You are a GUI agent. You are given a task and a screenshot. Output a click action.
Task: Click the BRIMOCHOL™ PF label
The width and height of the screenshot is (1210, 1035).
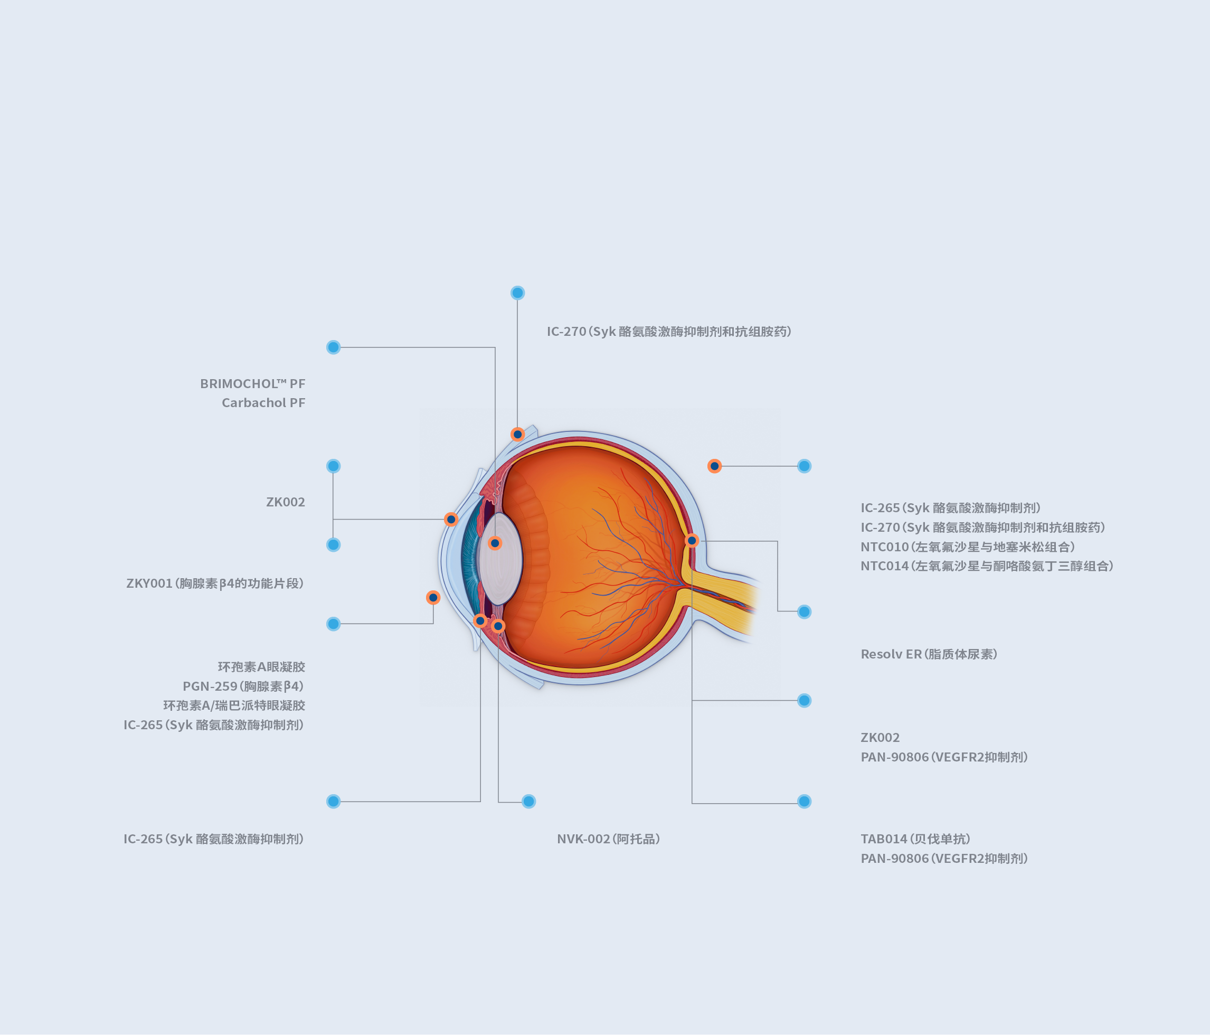(252, 384)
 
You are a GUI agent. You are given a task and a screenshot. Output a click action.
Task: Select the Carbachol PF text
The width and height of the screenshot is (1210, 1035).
(263, 402)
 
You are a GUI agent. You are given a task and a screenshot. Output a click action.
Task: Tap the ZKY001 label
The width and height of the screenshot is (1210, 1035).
(215, 584)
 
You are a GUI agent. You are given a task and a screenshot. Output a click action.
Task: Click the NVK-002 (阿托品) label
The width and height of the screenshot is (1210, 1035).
(609, 839)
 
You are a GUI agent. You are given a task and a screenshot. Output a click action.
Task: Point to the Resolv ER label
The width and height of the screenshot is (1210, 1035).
(929, 654)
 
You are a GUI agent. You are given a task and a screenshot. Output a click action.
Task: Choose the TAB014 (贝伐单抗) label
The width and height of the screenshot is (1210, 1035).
(915, 839)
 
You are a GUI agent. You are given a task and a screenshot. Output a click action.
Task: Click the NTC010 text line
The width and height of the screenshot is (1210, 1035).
(968, 547)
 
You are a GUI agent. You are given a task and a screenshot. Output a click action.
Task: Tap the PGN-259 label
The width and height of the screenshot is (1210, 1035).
(243, 686)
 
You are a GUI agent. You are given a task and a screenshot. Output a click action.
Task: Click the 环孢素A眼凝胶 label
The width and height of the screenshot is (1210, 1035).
(262, 667)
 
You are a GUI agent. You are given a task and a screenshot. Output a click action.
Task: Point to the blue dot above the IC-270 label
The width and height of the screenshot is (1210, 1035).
(517, 293)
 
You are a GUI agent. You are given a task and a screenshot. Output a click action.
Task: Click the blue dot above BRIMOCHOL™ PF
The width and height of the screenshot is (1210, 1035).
(334, 347)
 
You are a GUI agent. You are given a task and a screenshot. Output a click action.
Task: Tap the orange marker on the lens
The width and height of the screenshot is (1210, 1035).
(495, 543)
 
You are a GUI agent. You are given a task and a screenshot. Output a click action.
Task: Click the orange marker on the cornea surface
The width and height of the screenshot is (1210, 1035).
(451, 519)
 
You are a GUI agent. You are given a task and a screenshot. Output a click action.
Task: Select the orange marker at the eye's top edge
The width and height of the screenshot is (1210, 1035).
(517, 434)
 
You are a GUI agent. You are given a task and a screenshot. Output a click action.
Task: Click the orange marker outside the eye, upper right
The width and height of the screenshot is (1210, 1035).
(714, 466)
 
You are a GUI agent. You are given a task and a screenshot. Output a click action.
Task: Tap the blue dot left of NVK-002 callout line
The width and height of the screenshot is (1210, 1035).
(528, 802)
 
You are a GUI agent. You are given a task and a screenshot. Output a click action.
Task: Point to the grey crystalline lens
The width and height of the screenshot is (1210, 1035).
(500, 559)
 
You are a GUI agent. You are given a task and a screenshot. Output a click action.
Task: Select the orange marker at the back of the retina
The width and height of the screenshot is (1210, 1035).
(692, 540)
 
